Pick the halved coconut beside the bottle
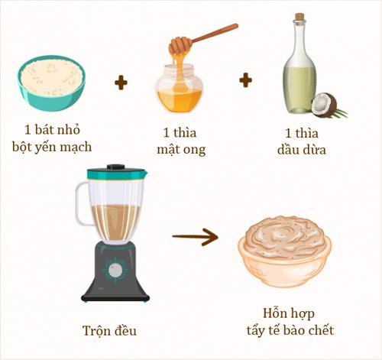pyautogui.click(x=325, y=105)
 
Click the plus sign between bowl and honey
pyautogui.click(x=121, y=82)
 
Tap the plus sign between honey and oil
pyautogui.click(x=245, y=79)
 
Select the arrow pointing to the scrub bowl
pyautogui.click(x=194, y=237)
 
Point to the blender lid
pyautogui.click(x=115, y=173)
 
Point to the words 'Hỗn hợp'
pyautogui.click(x=286, y=314)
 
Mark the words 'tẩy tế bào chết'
pyautogui.click(x=286, y=331)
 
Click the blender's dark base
pyautogui.click(x=115, y=275)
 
